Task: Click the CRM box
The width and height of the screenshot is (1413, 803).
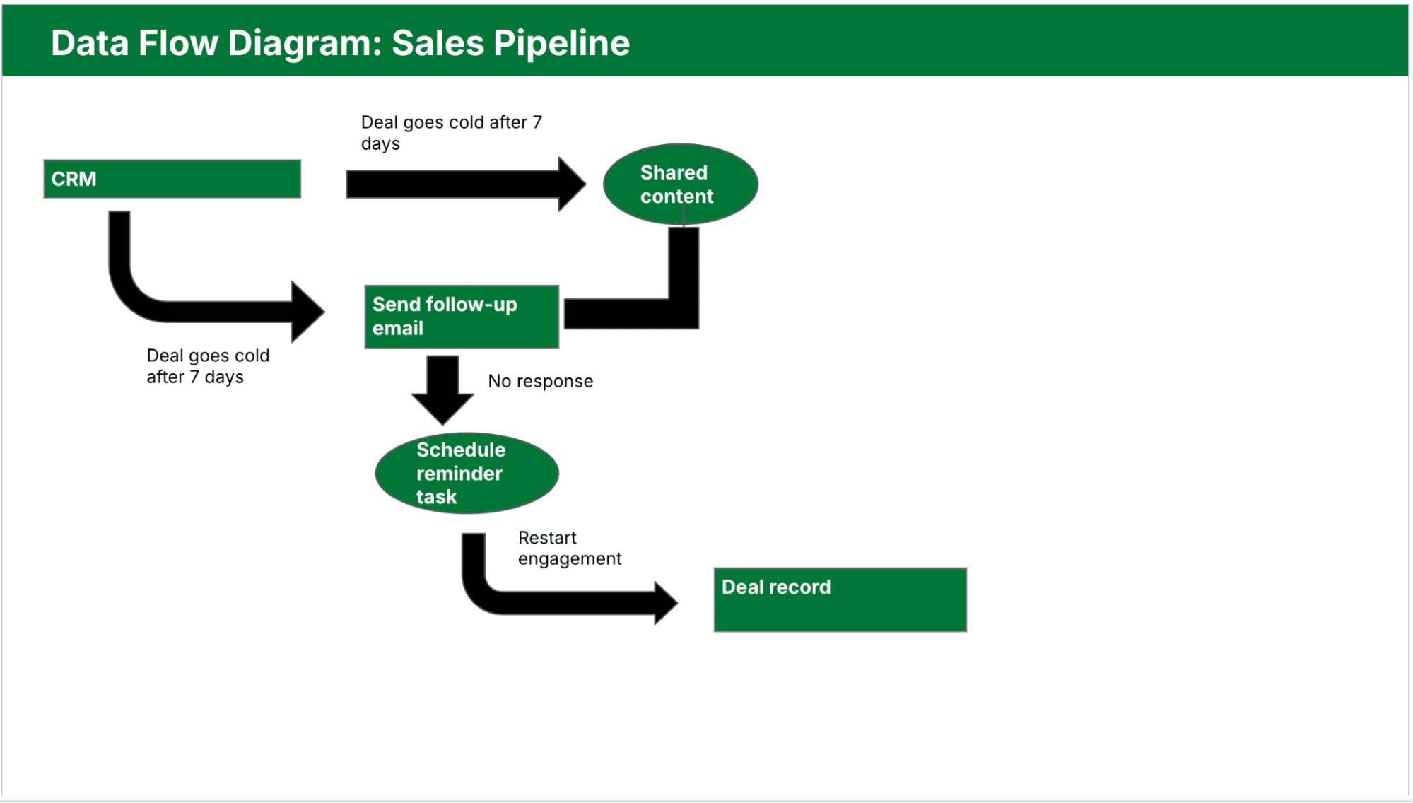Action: pos(172,179)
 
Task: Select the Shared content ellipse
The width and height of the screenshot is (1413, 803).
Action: pos(680,184)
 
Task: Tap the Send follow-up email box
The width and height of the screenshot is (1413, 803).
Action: pos(461,317)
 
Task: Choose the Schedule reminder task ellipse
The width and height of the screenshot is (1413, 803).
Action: pos(467,473)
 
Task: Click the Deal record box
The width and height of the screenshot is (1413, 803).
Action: pos(840,599)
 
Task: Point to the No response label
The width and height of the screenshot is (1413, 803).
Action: pos(540,381)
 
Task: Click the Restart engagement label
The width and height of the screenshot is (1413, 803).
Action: pos(569,548)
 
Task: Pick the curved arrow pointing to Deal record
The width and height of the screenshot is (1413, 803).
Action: pos(551,601)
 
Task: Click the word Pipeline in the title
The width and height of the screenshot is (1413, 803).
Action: pos(561,43)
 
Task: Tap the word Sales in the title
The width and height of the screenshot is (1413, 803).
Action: pos(438,43)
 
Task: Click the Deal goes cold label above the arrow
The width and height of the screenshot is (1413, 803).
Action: pos(451,132)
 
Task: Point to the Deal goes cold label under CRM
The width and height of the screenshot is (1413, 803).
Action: pos(207,365)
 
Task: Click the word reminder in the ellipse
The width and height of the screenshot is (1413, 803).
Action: pos(459,474)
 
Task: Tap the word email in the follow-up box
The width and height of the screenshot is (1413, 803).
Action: pos(398,329)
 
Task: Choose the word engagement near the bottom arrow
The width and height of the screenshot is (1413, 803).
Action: pos(569,559)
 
